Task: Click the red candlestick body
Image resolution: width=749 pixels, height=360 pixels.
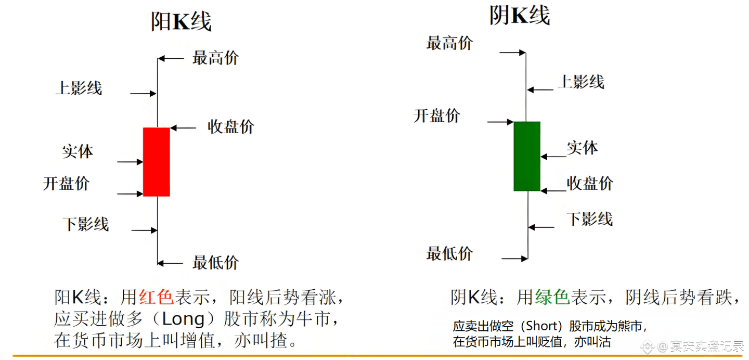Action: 157,162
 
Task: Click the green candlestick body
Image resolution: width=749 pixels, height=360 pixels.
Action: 527,156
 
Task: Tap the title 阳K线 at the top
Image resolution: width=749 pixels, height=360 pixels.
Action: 181,21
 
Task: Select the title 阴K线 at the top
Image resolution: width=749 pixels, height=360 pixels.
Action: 519,15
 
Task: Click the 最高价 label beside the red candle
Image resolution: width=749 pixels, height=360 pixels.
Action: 215,58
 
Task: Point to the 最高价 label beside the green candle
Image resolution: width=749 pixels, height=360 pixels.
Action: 449,43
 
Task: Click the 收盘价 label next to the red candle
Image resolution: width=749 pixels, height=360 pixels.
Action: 231,126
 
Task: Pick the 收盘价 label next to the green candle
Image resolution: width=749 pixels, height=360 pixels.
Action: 590,183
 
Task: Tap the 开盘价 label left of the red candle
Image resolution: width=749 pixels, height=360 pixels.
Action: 66,183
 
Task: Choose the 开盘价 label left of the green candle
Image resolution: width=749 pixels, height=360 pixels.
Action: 437,115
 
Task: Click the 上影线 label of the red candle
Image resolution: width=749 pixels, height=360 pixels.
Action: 79,88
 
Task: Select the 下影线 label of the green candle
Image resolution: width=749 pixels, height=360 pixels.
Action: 590,219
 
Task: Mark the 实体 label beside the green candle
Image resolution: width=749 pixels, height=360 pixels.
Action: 582,148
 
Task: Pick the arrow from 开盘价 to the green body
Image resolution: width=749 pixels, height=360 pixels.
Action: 500,122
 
